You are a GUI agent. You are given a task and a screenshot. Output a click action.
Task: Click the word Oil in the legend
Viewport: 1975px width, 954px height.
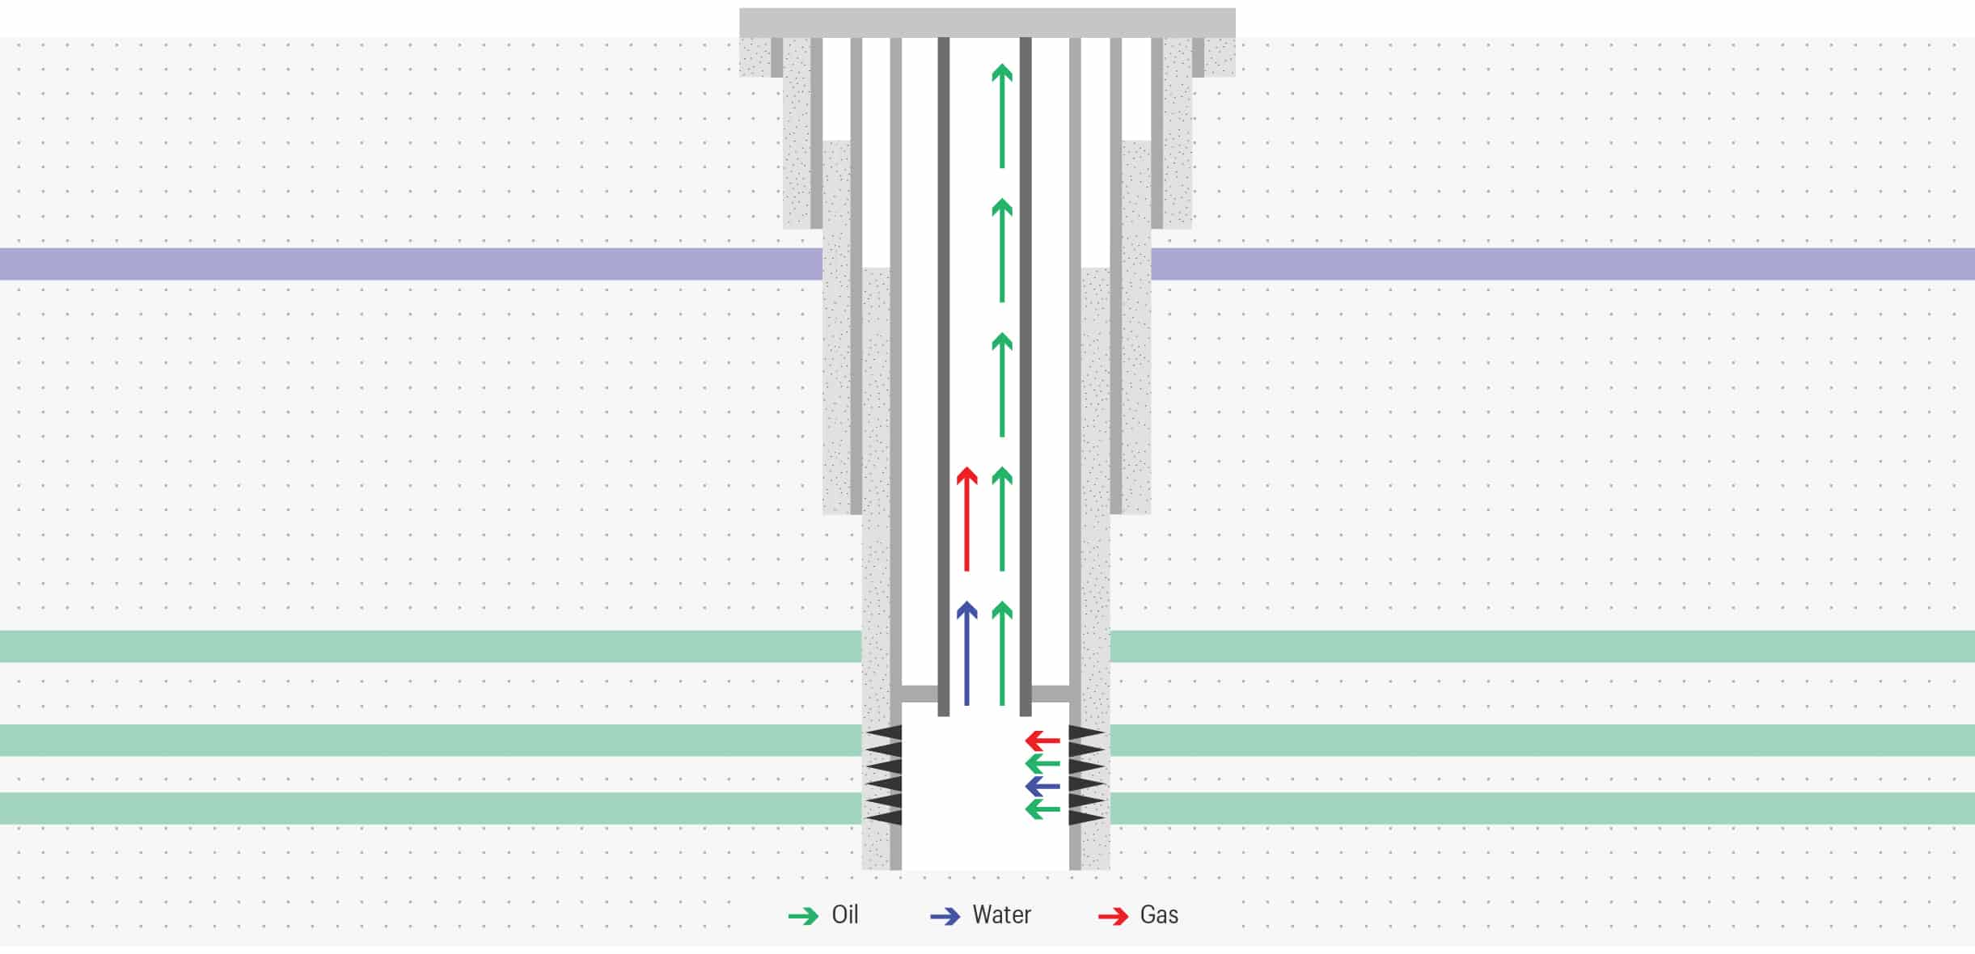coord(844,914)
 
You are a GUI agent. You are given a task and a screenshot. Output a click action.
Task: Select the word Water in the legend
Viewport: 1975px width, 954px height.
coord(1001,914)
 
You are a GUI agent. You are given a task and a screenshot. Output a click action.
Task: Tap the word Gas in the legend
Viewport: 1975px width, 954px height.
coord(1159,914)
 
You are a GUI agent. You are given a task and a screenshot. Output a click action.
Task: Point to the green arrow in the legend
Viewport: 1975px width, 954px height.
coord(803,916)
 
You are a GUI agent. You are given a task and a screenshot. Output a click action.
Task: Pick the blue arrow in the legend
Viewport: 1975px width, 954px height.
coord(945,916)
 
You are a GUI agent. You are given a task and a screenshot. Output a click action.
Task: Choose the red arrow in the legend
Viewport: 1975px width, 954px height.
coord(1113,916)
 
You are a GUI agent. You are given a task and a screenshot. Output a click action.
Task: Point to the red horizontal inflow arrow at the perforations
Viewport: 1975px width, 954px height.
coord(1042,740)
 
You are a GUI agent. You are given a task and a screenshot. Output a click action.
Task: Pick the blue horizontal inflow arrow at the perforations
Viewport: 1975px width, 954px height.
coord(1042,786)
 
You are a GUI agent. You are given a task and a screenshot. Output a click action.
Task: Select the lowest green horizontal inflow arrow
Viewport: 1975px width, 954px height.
coord(1042,809)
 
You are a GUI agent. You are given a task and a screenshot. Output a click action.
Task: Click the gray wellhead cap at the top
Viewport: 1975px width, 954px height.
coord(987,23)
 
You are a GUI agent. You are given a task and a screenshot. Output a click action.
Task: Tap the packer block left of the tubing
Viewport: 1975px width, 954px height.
coord(919,694)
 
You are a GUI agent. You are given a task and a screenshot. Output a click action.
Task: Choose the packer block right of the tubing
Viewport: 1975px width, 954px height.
coord(1051,694)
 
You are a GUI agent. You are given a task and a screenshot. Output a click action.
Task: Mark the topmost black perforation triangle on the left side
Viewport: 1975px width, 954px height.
coord(884,732)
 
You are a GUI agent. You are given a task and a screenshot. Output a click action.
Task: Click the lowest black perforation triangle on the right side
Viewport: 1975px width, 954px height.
coord(1086,817)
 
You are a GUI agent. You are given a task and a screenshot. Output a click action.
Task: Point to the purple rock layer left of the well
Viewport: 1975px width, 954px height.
coord(404,264)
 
